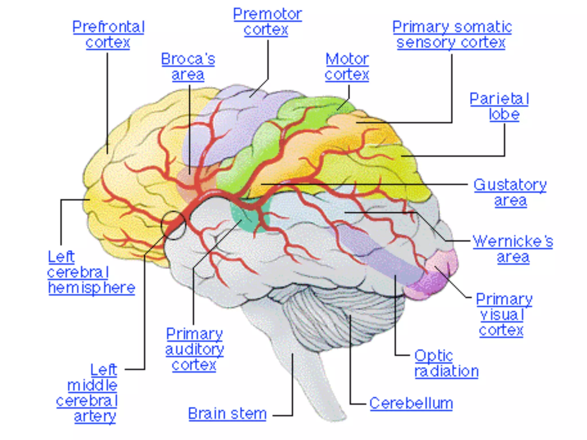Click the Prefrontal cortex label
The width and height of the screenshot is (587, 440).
108,35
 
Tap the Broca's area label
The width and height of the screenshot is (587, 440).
188,67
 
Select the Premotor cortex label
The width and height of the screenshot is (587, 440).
267,22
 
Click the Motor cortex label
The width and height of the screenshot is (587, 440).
347,67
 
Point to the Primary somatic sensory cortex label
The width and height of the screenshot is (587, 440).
452,35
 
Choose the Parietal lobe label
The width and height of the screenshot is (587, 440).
499,107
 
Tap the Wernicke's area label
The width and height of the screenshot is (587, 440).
513,249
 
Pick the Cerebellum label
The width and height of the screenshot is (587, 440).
411,403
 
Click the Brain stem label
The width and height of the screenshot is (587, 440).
227,414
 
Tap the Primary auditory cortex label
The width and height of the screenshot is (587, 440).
194,349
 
